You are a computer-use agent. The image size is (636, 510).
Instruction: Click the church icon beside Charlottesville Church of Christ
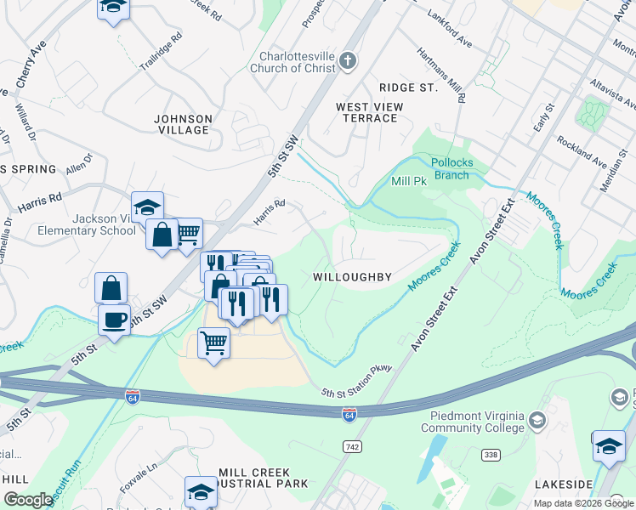[347, 60]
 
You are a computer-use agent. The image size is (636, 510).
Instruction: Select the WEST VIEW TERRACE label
[369, 112]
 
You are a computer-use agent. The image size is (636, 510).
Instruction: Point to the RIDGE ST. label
[407, 88]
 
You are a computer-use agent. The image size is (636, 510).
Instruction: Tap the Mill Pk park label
[408, 181]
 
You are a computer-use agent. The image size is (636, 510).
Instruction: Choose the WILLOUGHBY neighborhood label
[352, 277]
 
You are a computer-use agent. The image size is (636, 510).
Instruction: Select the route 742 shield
[351, 446]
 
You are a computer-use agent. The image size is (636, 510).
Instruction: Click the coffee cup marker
[114, 320]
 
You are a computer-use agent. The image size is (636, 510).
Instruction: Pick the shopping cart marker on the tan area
[213, 343]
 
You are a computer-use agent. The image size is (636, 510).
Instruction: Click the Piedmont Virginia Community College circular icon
[537, 420]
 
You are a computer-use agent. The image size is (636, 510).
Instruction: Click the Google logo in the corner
[28, 500]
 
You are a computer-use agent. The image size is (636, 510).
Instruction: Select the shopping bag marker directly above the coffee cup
[111, 287]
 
